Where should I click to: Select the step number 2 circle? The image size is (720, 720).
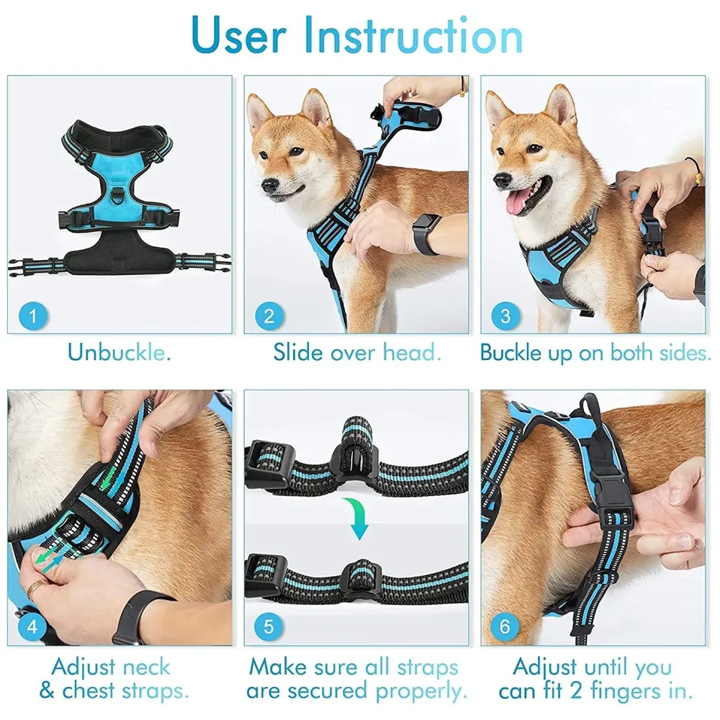pyautogui.click(x=269, y=315)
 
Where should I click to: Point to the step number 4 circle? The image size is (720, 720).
pyautogui.click(x=32, y=626)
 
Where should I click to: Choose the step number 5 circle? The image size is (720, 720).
pyautogui.click(x=269, y=626)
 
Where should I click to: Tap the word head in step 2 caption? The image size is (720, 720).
pyautogui.click(x=411, y=353)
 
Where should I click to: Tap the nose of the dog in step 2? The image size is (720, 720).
pyautogui.click(x=268, y=185)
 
